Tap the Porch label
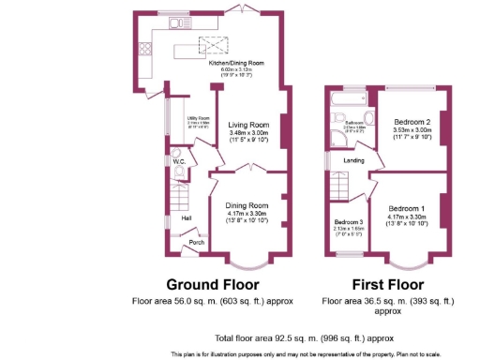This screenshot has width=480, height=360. (x=197, y=243)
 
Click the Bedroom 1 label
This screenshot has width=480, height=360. (x=410, y=208)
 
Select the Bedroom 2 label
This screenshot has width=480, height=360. (x=412, y=123)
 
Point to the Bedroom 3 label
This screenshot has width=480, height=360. (x=348, y=220)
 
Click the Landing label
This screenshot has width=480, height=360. (x=354, y=160)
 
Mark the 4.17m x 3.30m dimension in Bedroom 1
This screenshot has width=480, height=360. (x=410, y=217)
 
